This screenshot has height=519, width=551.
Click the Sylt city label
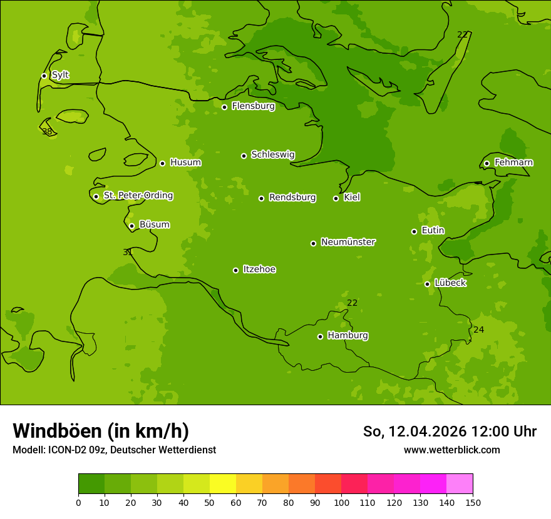60,75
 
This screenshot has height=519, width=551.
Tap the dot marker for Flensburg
224,107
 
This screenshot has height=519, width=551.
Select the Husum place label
185,163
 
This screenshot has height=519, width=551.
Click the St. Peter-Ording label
138,196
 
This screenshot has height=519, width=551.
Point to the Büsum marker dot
131,226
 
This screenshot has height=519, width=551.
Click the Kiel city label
351,198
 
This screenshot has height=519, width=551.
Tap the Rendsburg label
292,198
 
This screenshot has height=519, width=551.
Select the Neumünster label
348,242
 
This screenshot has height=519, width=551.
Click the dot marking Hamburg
320,336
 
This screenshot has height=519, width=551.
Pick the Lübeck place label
450,283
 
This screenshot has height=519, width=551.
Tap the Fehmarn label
513,163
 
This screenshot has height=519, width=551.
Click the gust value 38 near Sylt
47,131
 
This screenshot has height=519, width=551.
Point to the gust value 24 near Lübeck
478,330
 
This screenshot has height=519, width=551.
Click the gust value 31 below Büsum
127,252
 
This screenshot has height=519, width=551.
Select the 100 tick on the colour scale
341,502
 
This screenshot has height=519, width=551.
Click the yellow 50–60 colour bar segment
223,484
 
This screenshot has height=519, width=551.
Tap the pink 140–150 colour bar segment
460,484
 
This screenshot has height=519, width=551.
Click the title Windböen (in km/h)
101,431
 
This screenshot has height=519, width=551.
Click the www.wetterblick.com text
451,450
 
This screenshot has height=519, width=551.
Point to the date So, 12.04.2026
415,431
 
